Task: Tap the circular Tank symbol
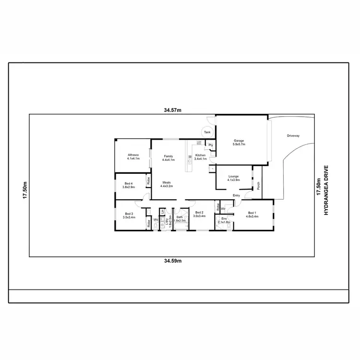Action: pyautogui.click(x=207, y=132)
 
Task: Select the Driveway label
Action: pyautogui.click(x=293, y=136)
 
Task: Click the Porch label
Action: pyautogui.click(x=258, y=185)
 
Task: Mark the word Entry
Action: pyautogui.click(x=236, y=195)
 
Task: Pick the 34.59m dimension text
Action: pyautogui.click(x=172, y=261)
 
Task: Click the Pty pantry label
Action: pyautogui.click(x=210, y=144)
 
